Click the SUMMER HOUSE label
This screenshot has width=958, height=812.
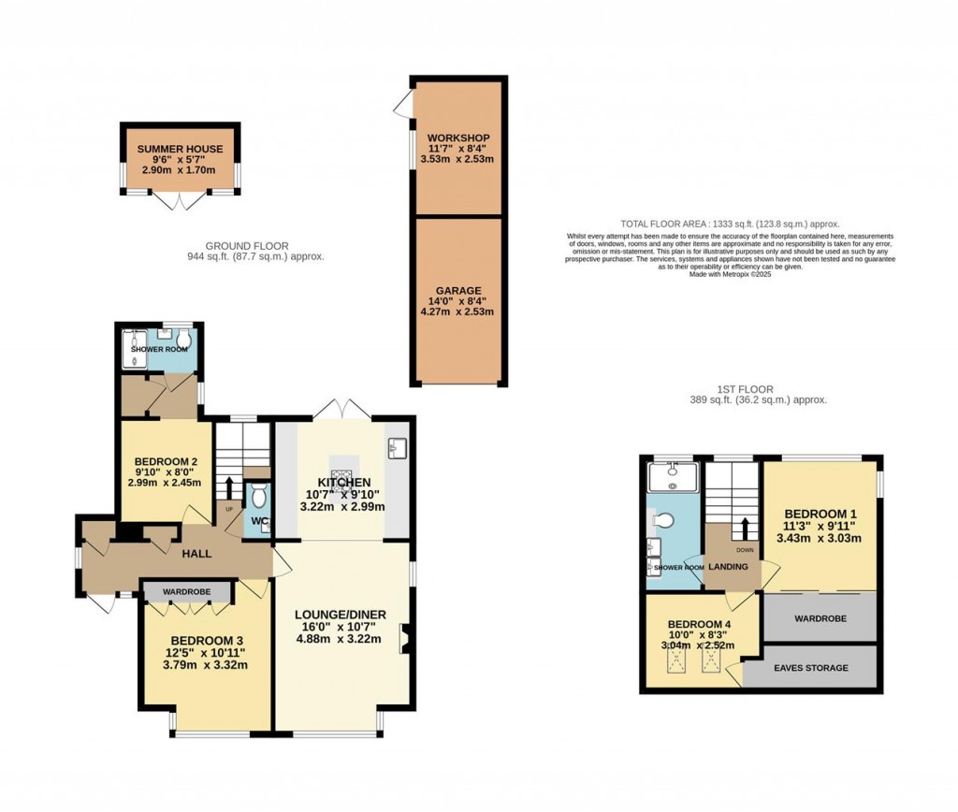(180, 149)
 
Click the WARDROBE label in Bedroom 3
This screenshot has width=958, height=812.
(187, 592)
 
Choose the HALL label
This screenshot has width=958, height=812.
(197, 554)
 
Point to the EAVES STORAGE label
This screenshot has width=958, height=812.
(810, 668)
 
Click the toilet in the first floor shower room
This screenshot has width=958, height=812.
(662, 520)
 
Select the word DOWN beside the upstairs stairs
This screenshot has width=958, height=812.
(744, 550)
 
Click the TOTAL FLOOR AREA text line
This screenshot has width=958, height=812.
(730, 225)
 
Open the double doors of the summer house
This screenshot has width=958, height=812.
(178, 199)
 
